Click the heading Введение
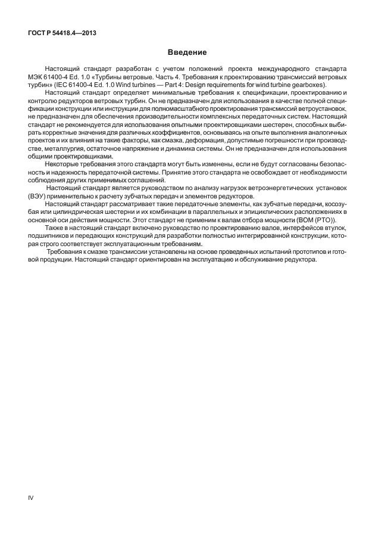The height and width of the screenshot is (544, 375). (187, 52)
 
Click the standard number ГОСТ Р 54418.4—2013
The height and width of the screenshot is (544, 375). (62, 33)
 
